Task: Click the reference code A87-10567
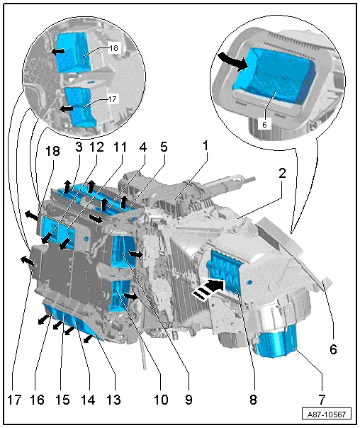coord(327,415)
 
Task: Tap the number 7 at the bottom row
coord(322,400)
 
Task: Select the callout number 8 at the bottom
coord(253,400)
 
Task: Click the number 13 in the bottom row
coord(113,400)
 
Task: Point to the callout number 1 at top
coord(206,146)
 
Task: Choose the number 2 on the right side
coord(282,173)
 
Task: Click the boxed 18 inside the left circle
coord(113,48)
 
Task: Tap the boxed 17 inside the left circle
coord(112,98)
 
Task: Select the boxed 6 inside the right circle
coord(264,125)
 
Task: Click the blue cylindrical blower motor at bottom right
coord(277,342)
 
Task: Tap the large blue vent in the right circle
coord(274,77)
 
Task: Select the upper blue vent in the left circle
coord(74,52)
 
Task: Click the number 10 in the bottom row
coord(161,400)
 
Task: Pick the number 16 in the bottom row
coord(37,400)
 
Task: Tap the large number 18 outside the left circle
coord(52,151)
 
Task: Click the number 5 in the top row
coord(164,147)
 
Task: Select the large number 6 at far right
coord(333,349)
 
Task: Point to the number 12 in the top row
coord(96,147)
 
